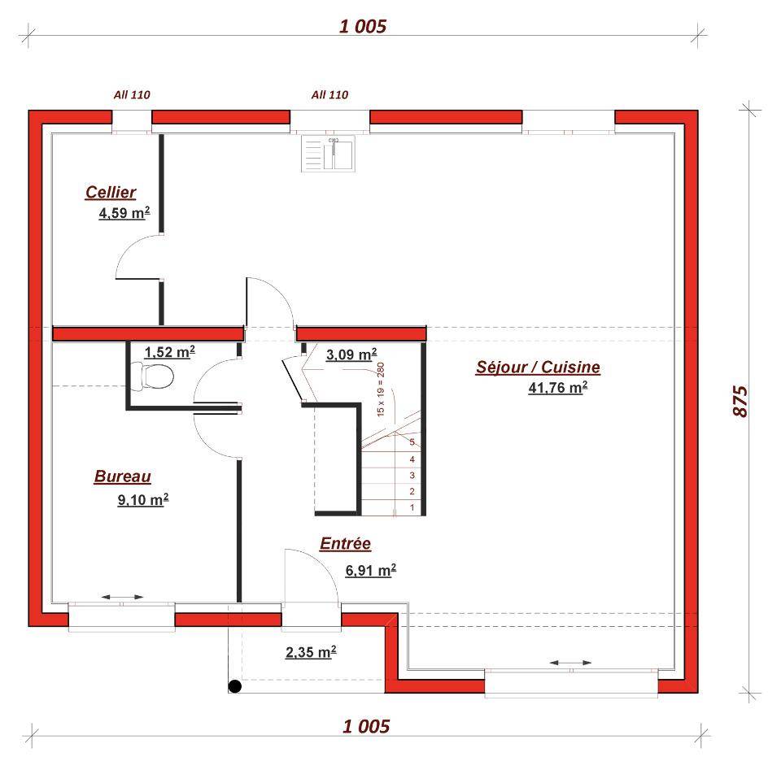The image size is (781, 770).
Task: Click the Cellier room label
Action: click(x=111, y=192)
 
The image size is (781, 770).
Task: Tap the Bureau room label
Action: click(x=123, y=476)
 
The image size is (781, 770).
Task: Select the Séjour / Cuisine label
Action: click(x=538, y=368)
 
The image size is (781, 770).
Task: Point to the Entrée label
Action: click(x=345, y=543)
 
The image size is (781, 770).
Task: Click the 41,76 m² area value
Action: click(x=558, y=387)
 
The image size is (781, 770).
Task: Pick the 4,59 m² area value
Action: click(x=124, y=213)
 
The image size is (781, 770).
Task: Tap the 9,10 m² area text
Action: click(x=143, y=499)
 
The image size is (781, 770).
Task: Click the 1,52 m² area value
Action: click(x=170, y=352)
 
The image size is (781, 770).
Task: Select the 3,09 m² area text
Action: click(x=351, y=355)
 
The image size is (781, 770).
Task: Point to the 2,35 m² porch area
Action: click(x=311, y=651)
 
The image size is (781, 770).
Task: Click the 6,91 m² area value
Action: click(x=371, y=570)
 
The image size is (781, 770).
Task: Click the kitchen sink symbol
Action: click(x=328, y=154)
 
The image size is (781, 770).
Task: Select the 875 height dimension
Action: click(x=740, y=401)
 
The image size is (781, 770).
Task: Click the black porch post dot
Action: click(x=234, y=686)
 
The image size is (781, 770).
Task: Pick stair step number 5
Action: click(x=412, y=442)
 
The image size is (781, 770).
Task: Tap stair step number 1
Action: click(x=412, y=507)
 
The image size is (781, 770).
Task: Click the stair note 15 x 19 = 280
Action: click(x=381, y=389)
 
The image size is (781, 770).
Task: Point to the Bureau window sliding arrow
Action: click(x=122, y=597)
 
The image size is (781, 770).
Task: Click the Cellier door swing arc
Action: click(x=129, y=247)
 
